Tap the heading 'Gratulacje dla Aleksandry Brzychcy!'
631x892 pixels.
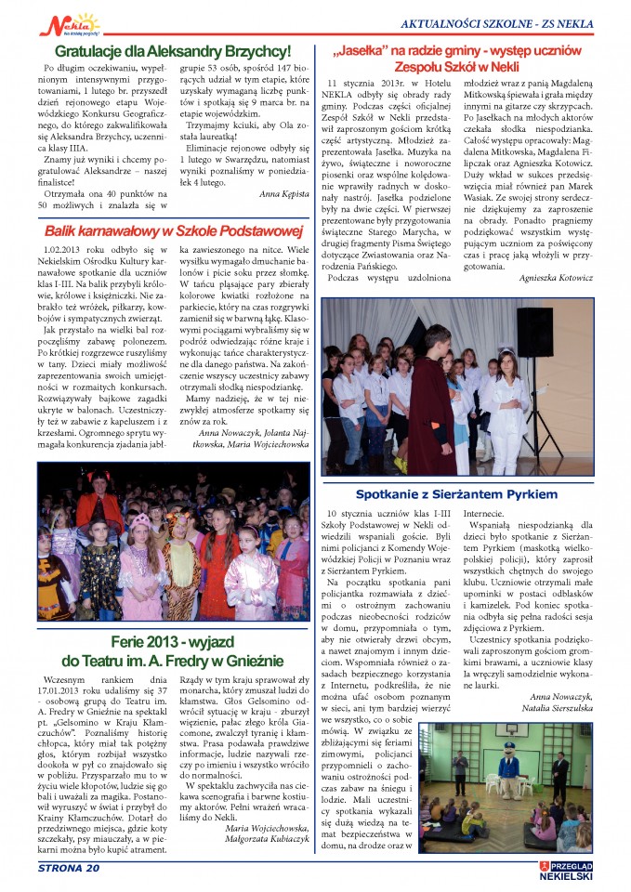click(x=173, y=51)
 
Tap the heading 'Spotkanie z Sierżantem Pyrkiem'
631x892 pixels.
click(x=456, y=494)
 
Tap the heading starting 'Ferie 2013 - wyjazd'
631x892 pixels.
click(x=174, y=650)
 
